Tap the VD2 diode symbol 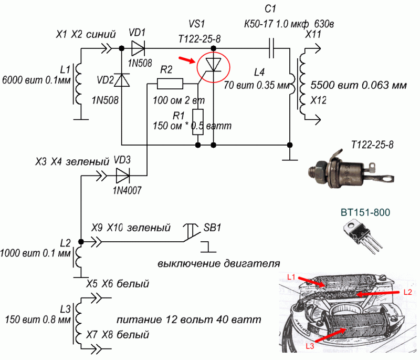pyautogui.click(x=122, y=80)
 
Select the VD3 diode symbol pyautogui.click(x=122, y=174)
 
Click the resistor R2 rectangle pyautogui.click(x=170, y=84)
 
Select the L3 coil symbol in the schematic pyautogui.click(x=80, y=322)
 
